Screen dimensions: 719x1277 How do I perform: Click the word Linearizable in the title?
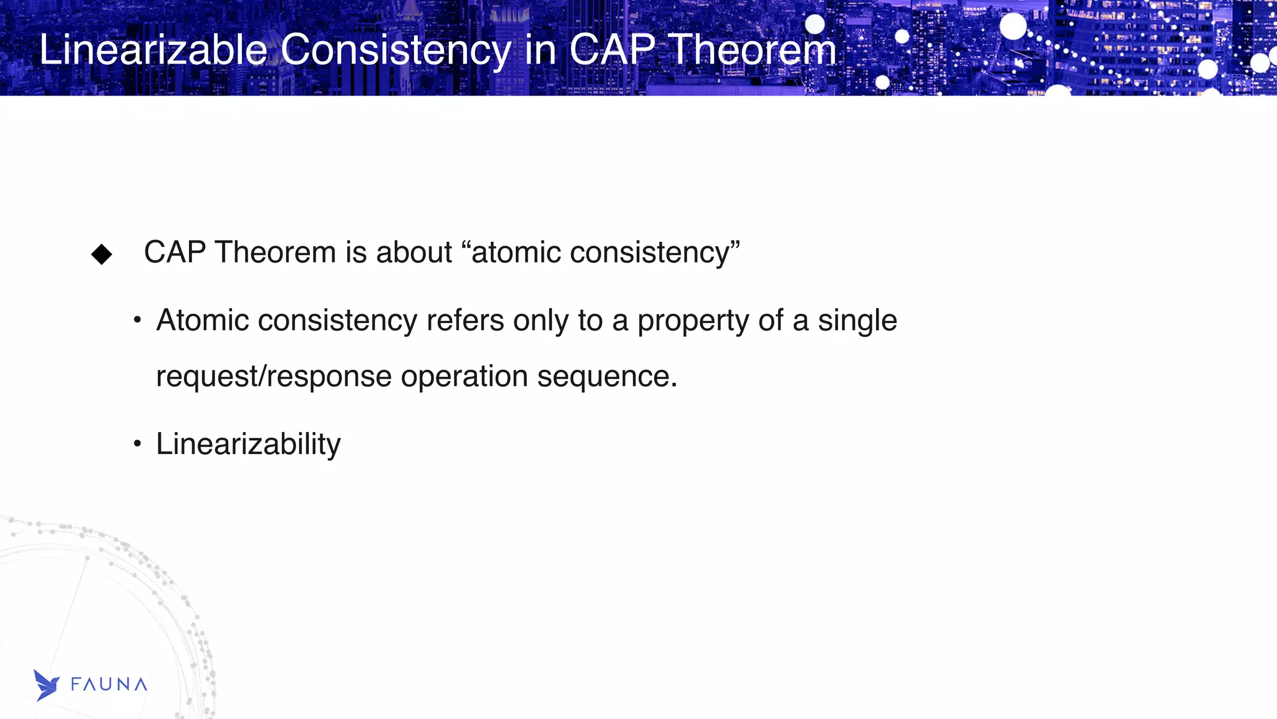coord(153,50)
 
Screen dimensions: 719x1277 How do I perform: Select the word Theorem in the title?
coord(752,50)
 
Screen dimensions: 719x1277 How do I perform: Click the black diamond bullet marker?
coord(102,254)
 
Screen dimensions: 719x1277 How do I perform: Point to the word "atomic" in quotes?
coord(517,253)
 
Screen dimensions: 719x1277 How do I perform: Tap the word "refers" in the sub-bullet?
coord(465,321)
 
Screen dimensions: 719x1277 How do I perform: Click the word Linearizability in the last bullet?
coord(248,445)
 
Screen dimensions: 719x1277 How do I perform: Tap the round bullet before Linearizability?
coord(137,444)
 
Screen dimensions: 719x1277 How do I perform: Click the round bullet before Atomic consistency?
coord(137,321)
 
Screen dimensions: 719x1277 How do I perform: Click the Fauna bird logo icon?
coord(46,685)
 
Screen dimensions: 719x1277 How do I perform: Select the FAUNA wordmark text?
coord(109,685)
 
